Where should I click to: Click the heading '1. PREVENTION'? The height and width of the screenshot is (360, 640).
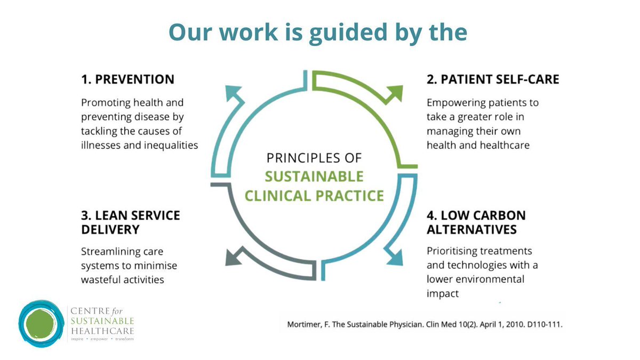point(127,79)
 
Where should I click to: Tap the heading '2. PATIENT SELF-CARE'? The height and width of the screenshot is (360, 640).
point(493,79)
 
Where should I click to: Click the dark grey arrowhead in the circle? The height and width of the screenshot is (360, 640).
point(235,257)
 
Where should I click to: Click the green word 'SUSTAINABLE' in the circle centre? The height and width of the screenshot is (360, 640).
point(314,177)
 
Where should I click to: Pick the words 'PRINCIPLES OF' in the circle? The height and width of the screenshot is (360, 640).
point(314,158)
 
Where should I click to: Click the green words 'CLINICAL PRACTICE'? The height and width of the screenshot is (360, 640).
point(314,196)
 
